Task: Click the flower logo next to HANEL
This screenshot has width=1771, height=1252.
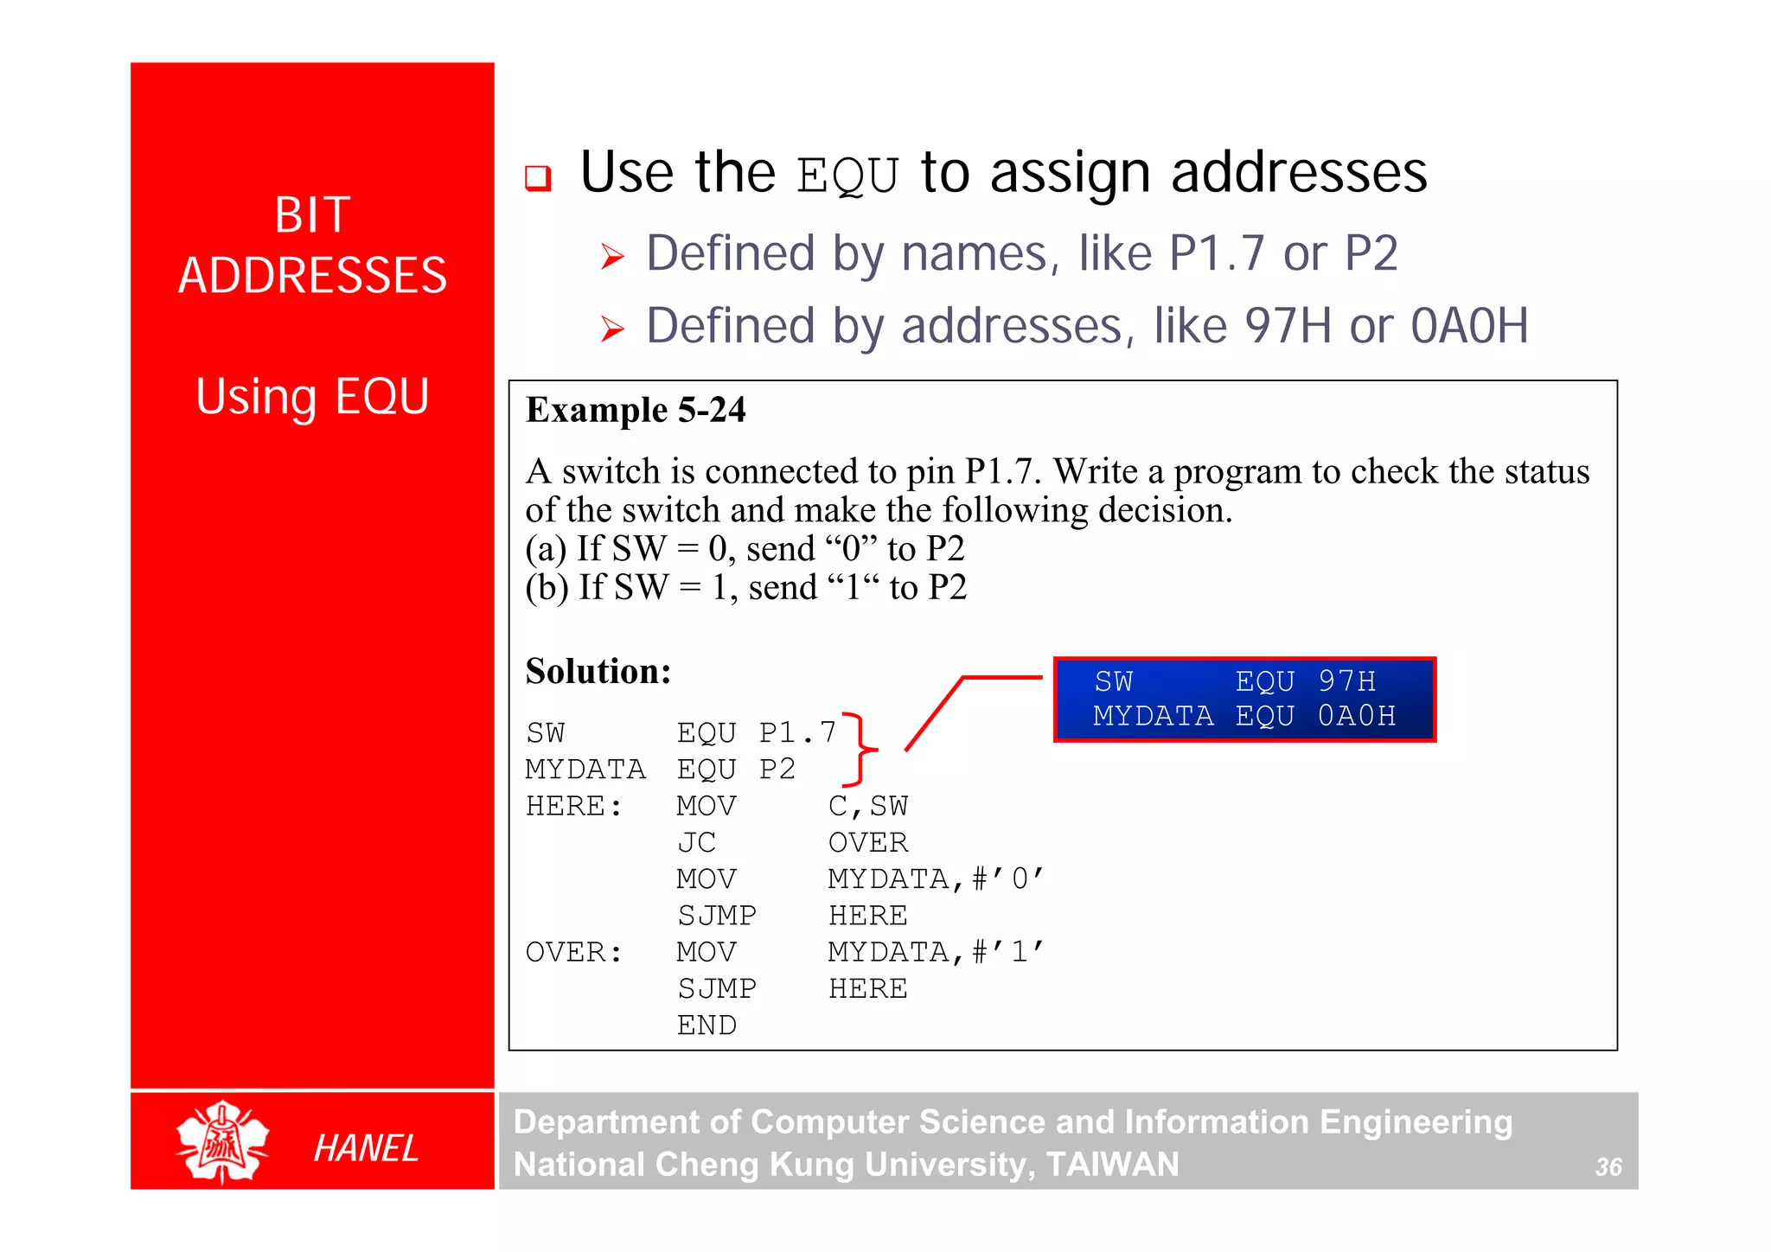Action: pyautogui.click(x=222, y=1141)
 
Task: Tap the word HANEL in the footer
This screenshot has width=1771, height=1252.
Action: pyautogui.click(x=366, y=1148)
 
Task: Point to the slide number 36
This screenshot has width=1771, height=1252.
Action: pyautogui.click(x=1608, y=1167)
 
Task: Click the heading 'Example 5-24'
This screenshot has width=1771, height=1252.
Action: pyautogui.click(x=636, y=410)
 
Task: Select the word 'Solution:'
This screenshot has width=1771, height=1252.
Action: pyautogui.click(x=598, y=672)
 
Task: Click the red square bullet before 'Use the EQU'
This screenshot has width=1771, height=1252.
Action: pyautogui.click(x=538, y=178)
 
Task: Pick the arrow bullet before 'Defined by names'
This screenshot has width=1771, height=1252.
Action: pyautogui.click(x=612, y=256)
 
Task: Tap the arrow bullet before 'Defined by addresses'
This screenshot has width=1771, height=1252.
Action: pyautogui.click(x=612, y=329)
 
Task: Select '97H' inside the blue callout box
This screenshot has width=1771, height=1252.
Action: pyautogui.click(x=1346, y=681)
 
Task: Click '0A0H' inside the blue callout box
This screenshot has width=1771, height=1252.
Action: pyautogui.click(x=1356, y=716)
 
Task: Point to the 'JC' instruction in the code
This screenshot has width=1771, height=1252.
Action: pyautogui.click(x=696, y=842)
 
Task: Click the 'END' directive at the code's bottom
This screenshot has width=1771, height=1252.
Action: pyautogui.click(x=706, y=1025)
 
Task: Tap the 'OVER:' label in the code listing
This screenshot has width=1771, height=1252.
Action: pyautogui.click(x=574, y=952)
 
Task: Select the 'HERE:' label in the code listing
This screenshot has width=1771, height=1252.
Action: pyautogui.click(x=574, y=806)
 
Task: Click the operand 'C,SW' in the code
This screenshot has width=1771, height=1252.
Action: pyautogui.click(x=867, y=806)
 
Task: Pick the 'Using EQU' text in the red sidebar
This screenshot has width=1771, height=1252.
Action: pyautogui.click(x=312, y=397)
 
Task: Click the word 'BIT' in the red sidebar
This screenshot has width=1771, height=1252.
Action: pyautogui.click(x=312, y=214)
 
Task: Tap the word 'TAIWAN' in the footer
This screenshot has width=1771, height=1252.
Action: pyautogui.click(x=1112, y=1165)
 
